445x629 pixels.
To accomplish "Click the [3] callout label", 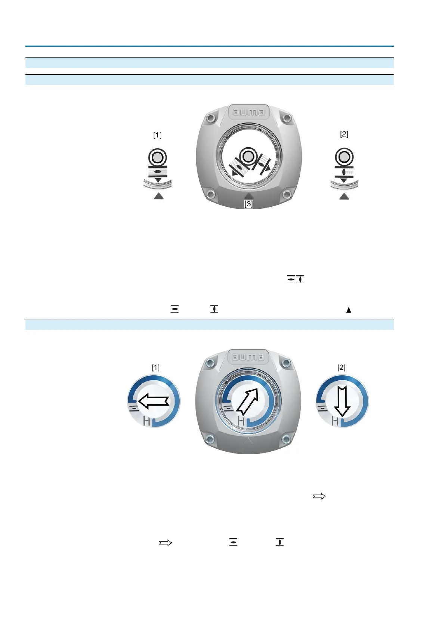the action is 248,204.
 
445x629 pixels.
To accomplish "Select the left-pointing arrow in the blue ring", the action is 154,401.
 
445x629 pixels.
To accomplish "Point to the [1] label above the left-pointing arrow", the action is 155,367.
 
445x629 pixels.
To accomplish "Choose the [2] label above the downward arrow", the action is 342,367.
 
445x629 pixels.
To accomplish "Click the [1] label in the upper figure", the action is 157,135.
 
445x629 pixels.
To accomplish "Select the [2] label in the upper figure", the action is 344,134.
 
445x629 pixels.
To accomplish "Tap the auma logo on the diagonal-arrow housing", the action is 248,357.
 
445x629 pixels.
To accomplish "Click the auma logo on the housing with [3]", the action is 248,112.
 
